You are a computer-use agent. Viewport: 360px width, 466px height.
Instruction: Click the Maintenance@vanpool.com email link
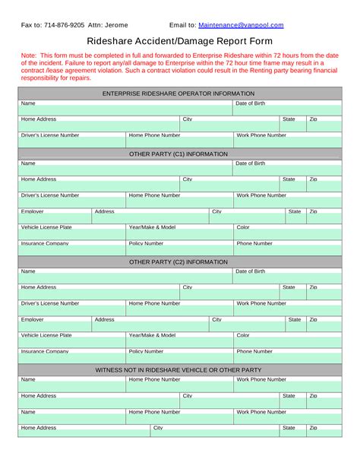click(x=242, y=24)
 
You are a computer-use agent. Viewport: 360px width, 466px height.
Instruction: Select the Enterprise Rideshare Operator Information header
click(x=178, y=94)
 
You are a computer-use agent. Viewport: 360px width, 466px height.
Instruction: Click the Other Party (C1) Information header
click(x=178, y=154)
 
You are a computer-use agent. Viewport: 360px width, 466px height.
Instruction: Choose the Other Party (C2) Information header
click(x=178, y=262)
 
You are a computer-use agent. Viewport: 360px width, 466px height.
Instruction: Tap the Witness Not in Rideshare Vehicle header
click(x=178, y=369)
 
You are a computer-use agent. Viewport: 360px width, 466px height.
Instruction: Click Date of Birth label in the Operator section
click(x=251, y=103)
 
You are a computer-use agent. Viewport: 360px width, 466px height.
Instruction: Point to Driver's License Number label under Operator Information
click(x=50, y=135)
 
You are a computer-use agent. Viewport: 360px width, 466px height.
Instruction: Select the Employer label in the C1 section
click(x=33, y=211)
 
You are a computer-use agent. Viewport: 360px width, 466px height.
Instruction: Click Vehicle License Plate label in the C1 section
click(x=46, y=227)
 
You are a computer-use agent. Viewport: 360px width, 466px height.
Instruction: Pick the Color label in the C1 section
click(x=243, y=227)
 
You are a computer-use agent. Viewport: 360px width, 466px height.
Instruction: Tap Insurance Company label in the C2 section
click(x=45, y=351)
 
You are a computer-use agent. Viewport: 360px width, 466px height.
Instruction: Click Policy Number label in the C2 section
click(x=146, y=351)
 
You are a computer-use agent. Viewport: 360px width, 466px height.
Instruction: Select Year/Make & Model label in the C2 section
click(x=152, y=335)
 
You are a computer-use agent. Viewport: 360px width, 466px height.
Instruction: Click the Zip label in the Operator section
click(x=313, y=119)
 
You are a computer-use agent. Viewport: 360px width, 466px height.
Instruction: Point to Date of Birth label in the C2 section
click(x=251, y=271)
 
